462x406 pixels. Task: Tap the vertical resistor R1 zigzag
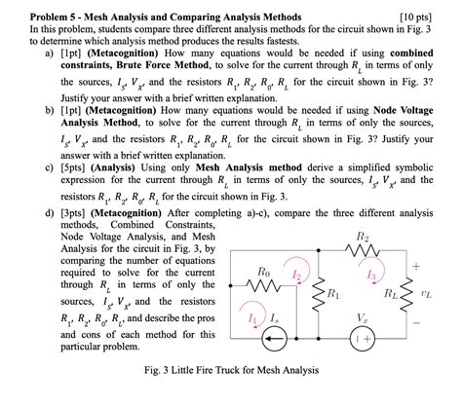(x=314, y=293)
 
